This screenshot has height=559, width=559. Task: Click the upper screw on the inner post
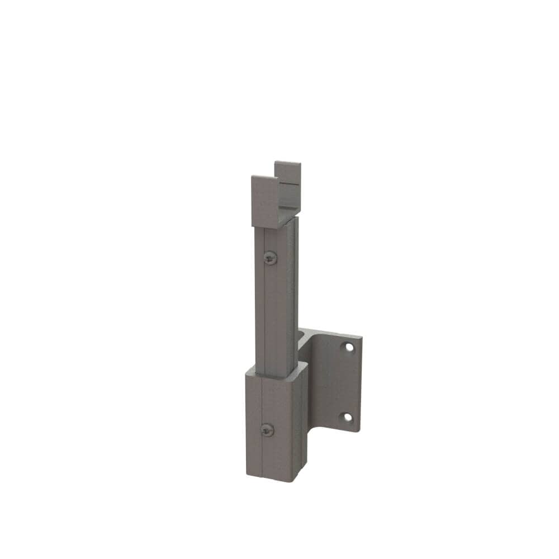[x=271, y=257]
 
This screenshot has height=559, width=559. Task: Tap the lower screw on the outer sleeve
[x=268, y=430]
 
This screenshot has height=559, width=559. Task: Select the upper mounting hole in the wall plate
[x=349, y=347]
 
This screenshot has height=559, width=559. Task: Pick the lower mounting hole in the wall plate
[x=348, y=417]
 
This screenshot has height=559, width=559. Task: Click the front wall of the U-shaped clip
[x=264, y=201]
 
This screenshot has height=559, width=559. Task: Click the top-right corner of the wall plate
[x=359, y=337]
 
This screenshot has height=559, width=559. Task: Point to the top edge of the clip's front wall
[x=264, y=178]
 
